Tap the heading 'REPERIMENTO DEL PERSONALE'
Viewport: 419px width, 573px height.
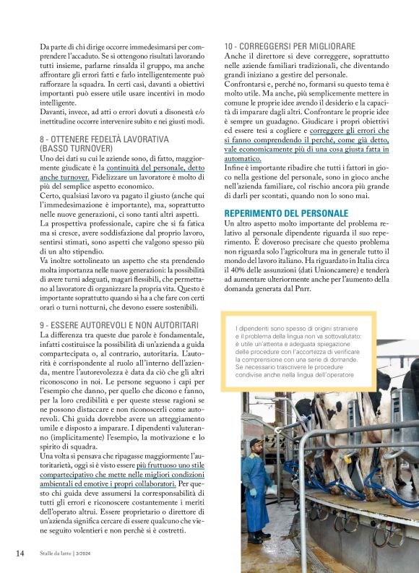pos(286,214)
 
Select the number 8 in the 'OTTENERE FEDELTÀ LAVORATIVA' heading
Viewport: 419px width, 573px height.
pos(43,138)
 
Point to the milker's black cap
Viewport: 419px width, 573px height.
pos(256,442)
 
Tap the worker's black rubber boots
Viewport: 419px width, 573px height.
pos(258,536)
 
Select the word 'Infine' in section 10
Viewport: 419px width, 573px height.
pos(236,168)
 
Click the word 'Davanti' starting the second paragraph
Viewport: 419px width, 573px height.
pos(53,112)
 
